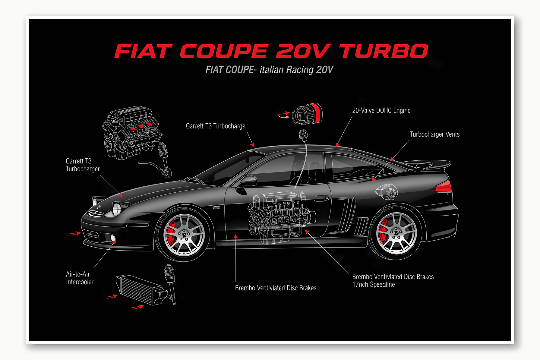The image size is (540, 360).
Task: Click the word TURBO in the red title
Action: tap(383, 51)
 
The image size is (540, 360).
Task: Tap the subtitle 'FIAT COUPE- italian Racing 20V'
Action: tap(269, 70)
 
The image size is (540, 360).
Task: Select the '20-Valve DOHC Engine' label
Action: tap(381, 111)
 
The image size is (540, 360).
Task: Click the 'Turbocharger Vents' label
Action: tap(434, 134)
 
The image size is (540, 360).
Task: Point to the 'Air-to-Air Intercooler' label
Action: tap(80, 278)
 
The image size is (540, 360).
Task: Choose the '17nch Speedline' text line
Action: tap(374, 285)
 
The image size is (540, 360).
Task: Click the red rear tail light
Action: tap(444, 187)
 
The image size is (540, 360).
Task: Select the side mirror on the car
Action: tap(248, 182)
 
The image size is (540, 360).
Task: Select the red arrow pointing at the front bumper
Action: tap(74, 233)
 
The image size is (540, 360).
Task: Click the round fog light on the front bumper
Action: tap(113, 238)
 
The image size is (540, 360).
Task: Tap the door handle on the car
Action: tap(321, 198)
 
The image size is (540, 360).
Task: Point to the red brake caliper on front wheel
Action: tap(171, 232)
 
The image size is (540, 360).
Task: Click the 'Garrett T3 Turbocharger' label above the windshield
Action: tap(216, 126)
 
